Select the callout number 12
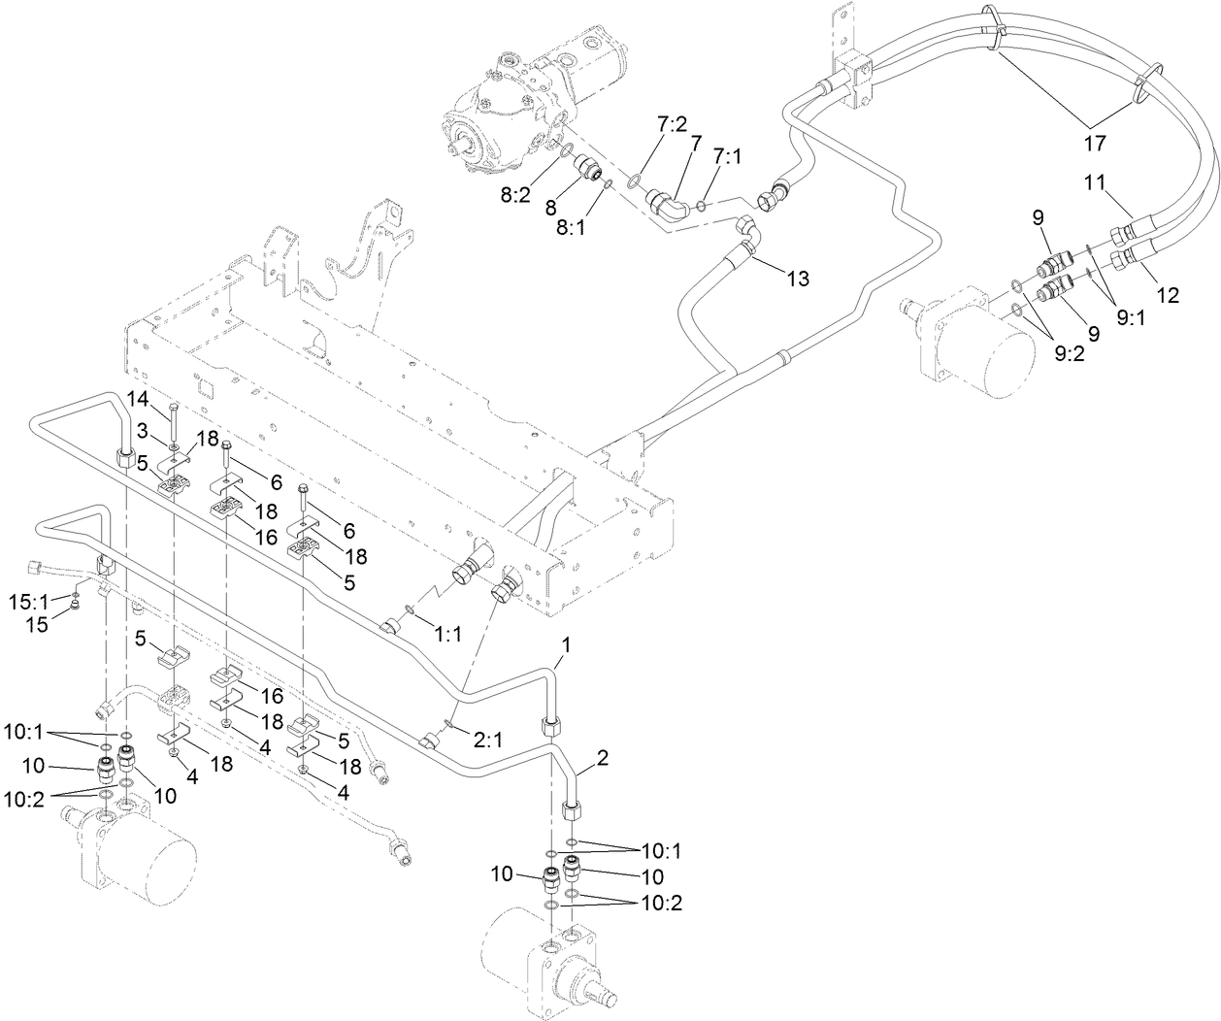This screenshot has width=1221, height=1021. (x=1168, y=295)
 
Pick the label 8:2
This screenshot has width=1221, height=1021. (x=515, y=194)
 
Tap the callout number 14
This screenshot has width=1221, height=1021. (x=138, y=398)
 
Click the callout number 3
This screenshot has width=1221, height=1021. (x=142, y=428)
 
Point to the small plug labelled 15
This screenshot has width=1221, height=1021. (x=75, y=609)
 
